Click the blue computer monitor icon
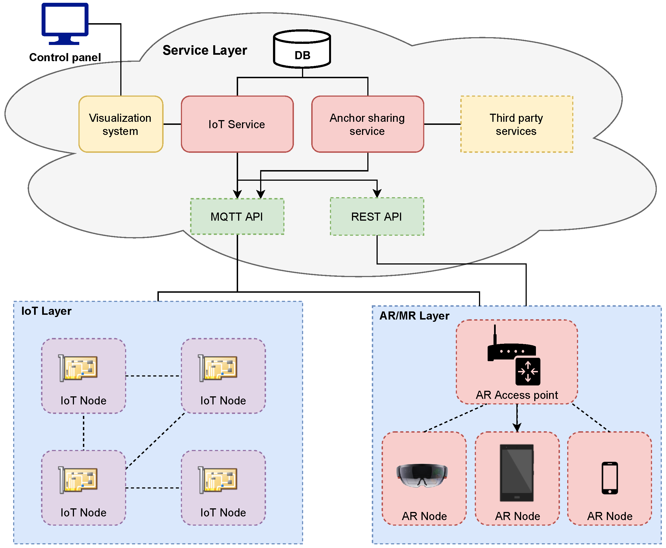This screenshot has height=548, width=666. point(65,23)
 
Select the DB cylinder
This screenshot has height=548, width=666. point(302,49)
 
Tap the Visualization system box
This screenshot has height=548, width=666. point(121,124)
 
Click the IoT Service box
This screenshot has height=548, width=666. point(237,124)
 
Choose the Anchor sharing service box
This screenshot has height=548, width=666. point(367,124)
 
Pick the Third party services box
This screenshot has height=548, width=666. point(516,124)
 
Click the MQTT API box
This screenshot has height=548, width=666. point(237,216)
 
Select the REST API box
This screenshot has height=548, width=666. point(377,216)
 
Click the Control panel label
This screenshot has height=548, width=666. point(65,58)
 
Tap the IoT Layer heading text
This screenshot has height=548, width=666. point(46,311)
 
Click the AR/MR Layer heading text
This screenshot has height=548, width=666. point(414,316)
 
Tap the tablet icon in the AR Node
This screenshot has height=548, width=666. point(516,473)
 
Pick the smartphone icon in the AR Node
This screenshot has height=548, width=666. point(610,478)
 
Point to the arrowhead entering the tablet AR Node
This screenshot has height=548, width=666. point(517,427)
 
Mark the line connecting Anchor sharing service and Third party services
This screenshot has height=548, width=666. point(442,124)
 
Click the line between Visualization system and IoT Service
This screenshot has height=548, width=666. point(172,124)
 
